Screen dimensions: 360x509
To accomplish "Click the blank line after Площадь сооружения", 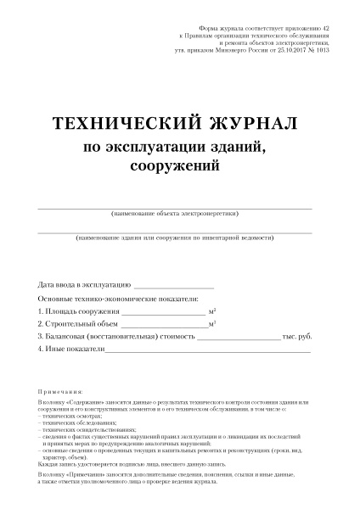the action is (x=164, y=314).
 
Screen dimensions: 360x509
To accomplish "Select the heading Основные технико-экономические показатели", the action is (x=118, y=299).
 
